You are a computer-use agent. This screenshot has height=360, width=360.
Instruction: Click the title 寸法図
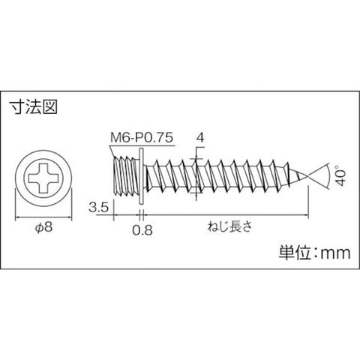[x=33, y=107]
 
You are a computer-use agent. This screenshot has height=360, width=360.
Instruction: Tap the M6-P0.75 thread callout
[x=142, y=137]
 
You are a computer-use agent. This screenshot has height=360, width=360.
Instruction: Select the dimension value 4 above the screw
[x=200, y=137]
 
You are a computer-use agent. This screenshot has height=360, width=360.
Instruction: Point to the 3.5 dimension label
[x=98, y=208]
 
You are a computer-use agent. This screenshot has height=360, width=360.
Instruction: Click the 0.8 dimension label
[x=142, y=229]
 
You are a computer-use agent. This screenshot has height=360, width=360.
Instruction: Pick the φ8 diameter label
[x=44, y=227]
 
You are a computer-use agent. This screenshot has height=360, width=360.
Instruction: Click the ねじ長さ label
[x=229, y=227]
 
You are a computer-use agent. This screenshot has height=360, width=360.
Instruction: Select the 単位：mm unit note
[x=314, y=253]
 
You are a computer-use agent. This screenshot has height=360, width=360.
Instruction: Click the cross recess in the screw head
[x=43, y=178]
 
